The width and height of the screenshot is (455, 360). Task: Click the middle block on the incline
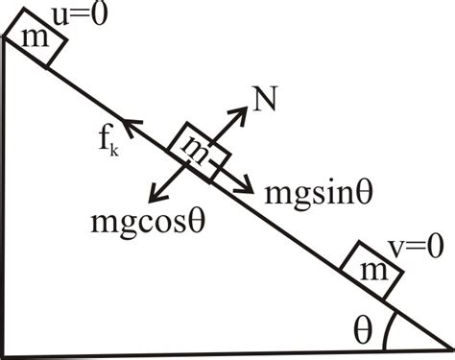click(x=199, y=152)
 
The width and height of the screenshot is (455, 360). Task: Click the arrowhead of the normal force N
click(x=241, y=108)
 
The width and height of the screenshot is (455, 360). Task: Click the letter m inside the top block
click(x=35, y=44)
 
